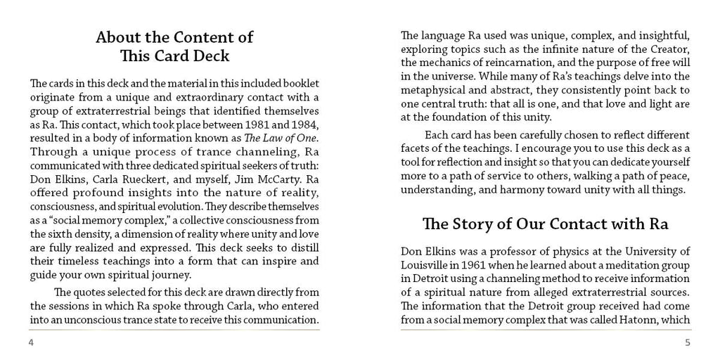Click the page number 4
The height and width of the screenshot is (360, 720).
(x=31, y=342)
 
